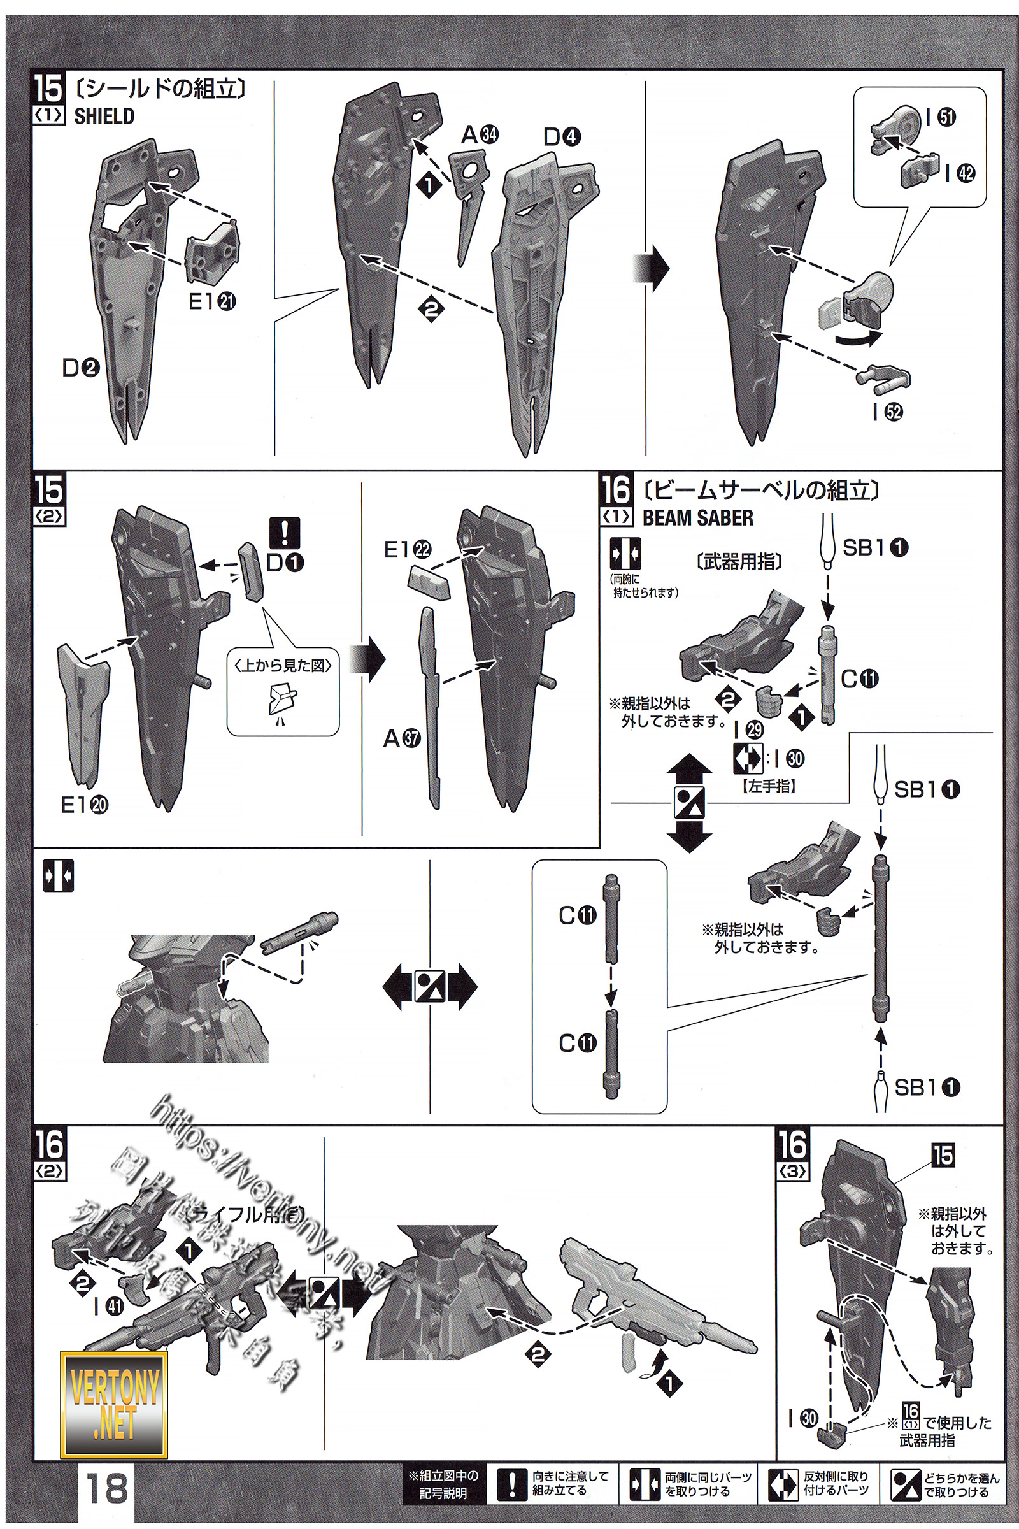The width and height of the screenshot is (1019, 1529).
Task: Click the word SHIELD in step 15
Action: (104, 117)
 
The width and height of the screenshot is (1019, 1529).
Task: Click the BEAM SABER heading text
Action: (697, 518)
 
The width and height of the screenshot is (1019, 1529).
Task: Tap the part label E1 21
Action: (212, 301)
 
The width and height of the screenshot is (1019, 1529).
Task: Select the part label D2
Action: (81, 369)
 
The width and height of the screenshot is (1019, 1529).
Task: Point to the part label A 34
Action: (480, 135)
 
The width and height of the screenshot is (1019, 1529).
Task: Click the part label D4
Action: (562, 137)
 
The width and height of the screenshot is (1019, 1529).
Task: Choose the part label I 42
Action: (960, 173)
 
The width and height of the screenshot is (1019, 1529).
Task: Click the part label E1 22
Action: (407, 550)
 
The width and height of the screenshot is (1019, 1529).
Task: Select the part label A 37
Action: (402, 738)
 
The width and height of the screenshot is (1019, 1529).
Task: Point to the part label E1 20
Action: (85, 805)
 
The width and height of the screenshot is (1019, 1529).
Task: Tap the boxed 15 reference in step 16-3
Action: (943, 1155)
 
